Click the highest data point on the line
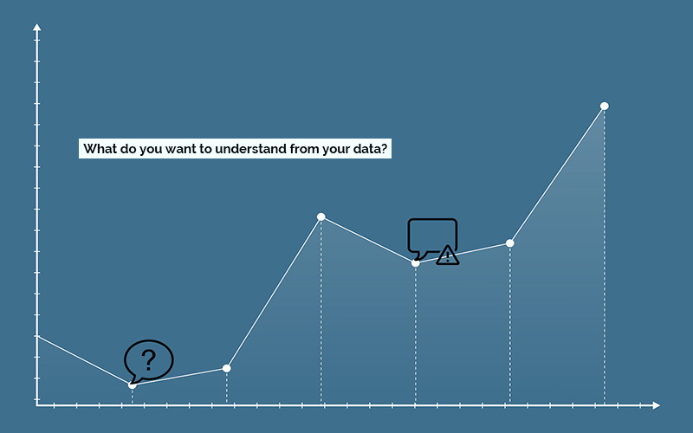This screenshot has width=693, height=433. (x=604, y=106)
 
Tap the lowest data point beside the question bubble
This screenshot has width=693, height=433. (x=133, y=384)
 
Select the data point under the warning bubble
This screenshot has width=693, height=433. (x=416, y=262)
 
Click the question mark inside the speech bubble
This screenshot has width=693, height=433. (x=149, y=358)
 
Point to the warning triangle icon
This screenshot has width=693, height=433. (x=447, y=255)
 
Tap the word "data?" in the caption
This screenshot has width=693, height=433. (x=371, y=149)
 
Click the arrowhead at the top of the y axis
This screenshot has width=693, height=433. (x=36, y=29)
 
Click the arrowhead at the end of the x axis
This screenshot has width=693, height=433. (x=656, y=404)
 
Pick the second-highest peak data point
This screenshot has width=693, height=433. (x=321, y=216)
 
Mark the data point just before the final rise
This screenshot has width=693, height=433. (x=510, y=243)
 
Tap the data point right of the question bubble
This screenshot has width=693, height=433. (x=227, y=368)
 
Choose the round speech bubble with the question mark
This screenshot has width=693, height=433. (x=149, y=359)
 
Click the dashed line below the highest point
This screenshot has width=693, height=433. (x=604, y=260)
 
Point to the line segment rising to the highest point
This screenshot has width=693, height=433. (x=557, y=175)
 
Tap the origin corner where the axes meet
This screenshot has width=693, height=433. (x=37, y=404)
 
